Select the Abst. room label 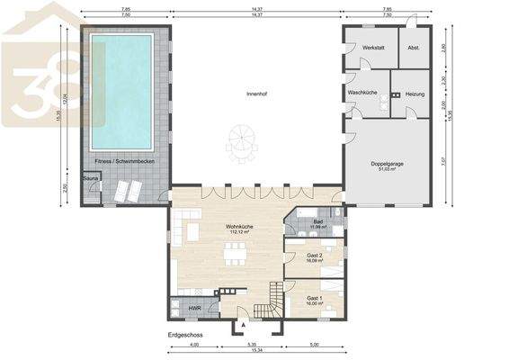click(414, 46)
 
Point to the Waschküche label click(364, 93)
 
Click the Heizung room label click(415, 93)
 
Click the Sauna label click(90, 179)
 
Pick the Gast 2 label click(314, 256)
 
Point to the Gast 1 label click(314, 298)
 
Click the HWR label click(194, 309)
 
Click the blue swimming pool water click(121, 90)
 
